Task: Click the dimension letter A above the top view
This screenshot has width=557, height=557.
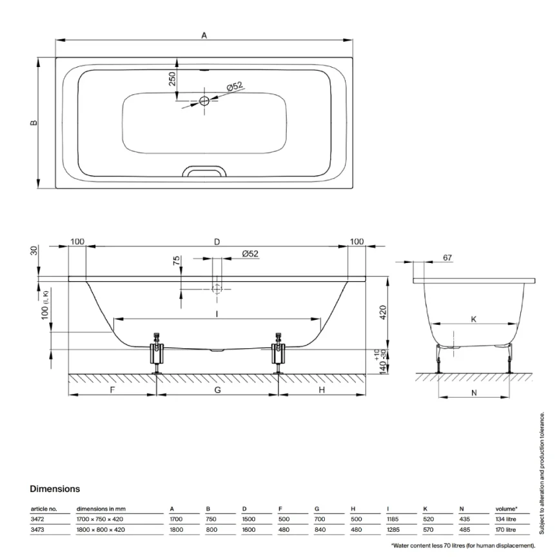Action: pos(204,36)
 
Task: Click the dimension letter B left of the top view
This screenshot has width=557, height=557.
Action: pos(34,122)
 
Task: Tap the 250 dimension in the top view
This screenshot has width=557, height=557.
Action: pos(172,79)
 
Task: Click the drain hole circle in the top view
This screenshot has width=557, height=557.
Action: pos(204,101)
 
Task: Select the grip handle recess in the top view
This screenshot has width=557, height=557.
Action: pos(204,172)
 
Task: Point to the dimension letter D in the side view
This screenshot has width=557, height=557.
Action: pos(217,242)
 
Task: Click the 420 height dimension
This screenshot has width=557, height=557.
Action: pos(382,313)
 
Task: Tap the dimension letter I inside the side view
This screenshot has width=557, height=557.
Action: pos(217,314)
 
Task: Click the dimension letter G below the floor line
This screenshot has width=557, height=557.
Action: pos(217,390)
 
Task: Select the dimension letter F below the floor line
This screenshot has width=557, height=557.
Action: pos(112,390)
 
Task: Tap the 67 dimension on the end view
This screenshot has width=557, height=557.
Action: pos(447,258)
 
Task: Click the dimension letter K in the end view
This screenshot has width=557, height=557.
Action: pos(474,319)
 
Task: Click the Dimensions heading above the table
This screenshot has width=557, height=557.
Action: pos(55,489)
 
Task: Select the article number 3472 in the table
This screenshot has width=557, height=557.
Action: pos(38,518)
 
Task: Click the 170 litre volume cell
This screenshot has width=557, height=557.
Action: pos(505,530)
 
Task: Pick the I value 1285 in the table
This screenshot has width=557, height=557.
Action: pos(394,530)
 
